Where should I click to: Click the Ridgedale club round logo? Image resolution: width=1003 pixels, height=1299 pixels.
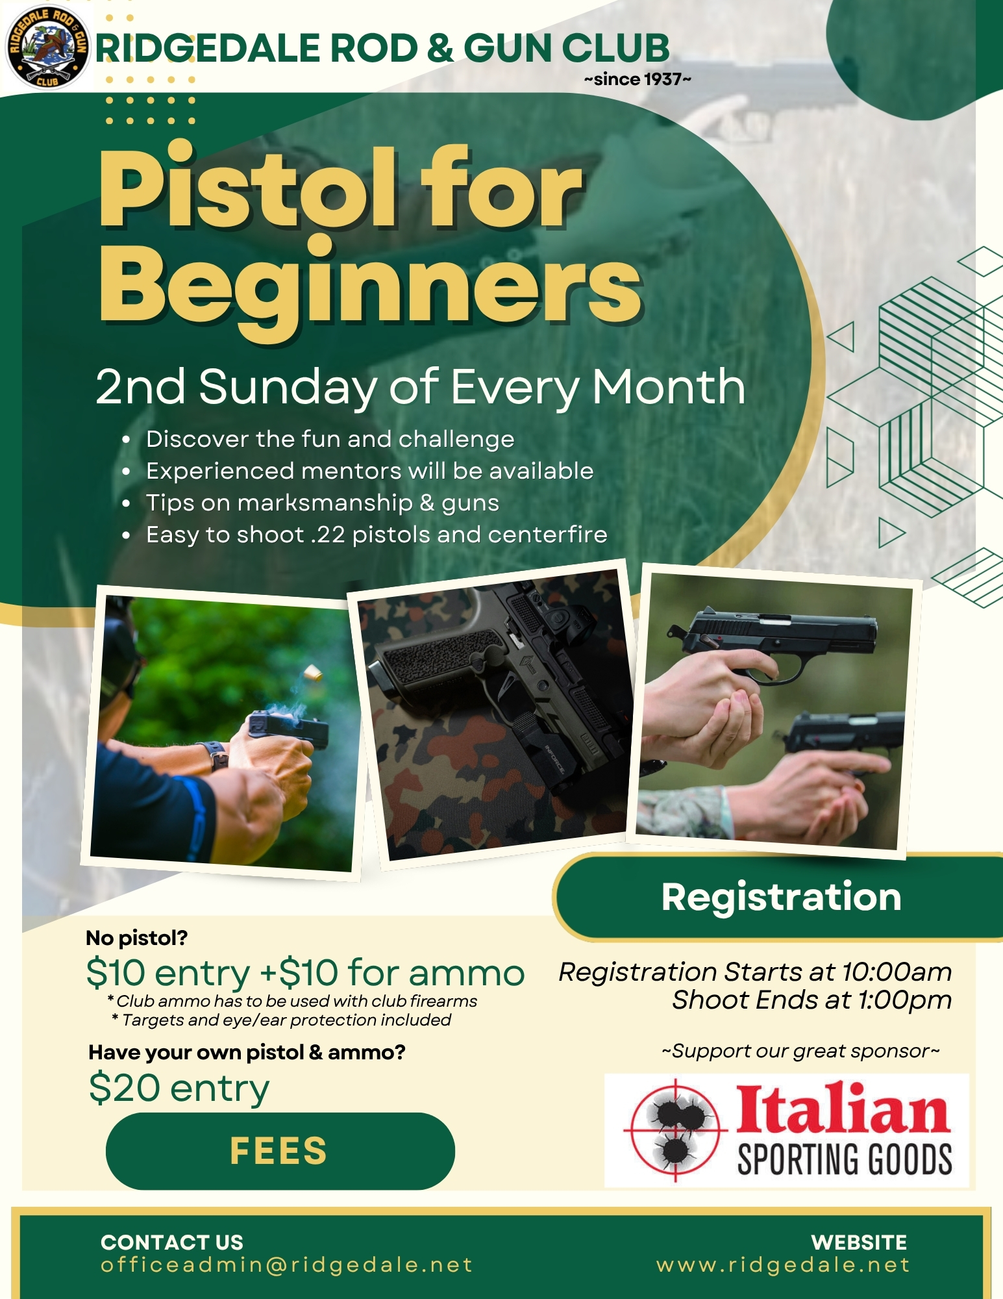click(x=47, y=47)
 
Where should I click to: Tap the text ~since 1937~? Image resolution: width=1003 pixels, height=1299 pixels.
click(x=638, y=79)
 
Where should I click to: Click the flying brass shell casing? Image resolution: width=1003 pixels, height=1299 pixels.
click(x=314, y=672)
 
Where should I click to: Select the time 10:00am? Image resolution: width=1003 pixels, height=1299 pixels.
click(x=897, y=972)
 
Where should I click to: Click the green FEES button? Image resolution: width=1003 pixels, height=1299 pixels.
click(x=280, y=1151)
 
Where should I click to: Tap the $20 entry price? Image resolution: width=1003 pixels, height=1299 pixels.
click(x=179, y=1089)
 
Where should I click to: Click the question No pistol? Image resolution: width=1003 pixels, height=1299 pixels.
click(x=137, y=938)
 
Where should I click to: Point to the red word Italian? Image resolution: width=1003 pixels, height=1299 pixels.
click(x=843, y=1109)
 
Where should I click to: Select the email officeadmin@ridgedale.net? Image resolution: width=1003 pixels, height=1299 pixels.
click(x=286, y=1265)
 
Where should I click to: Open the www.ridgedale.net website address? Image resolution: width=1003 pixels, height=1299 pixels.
click(x=783, y=1265)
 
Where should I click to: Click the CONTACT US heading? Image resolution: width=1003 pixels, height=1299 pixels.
click(x=172, y=1242)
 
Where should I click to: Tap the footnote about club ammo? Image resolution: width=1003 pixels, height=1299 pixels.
click(x=292, y=1001)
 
